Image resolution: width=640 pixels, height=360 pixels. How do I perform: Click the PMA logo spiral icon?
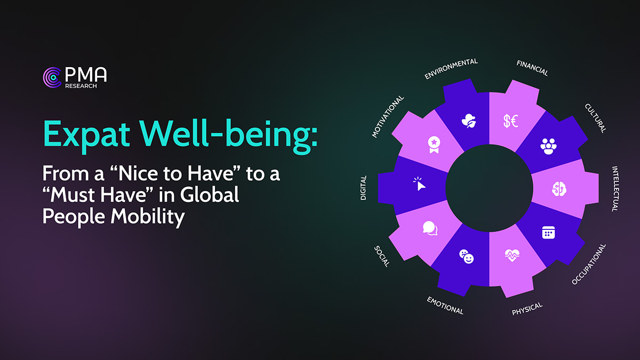pyautogui.click(x=52, y=77)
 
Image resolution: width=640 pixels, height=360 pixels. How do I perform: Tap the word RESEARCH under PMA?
pyautogui.click(x=81, y=86)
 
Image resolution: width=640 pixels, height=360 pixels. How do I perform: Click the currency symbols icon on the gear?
pyautogui.click(x=511, y=121)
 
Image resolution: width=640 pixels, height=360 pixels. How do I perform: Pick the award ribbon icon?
pyautogui.click(x=434, y=145)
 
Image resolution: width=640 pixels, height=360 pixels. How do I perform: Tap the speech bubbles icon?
pyautogui.click(x=430, y=228)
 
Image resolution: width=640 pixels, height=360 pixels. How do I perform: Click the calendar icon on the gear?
pyautogui.click(x=548, y=233)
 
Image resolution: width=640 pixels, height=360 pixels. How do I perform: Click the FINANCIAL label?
pyautogui.click(x=532, y=68)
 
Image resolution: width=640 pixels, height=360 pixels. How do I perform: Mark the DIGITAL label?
pyautogui.click(x=364, y=188)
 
